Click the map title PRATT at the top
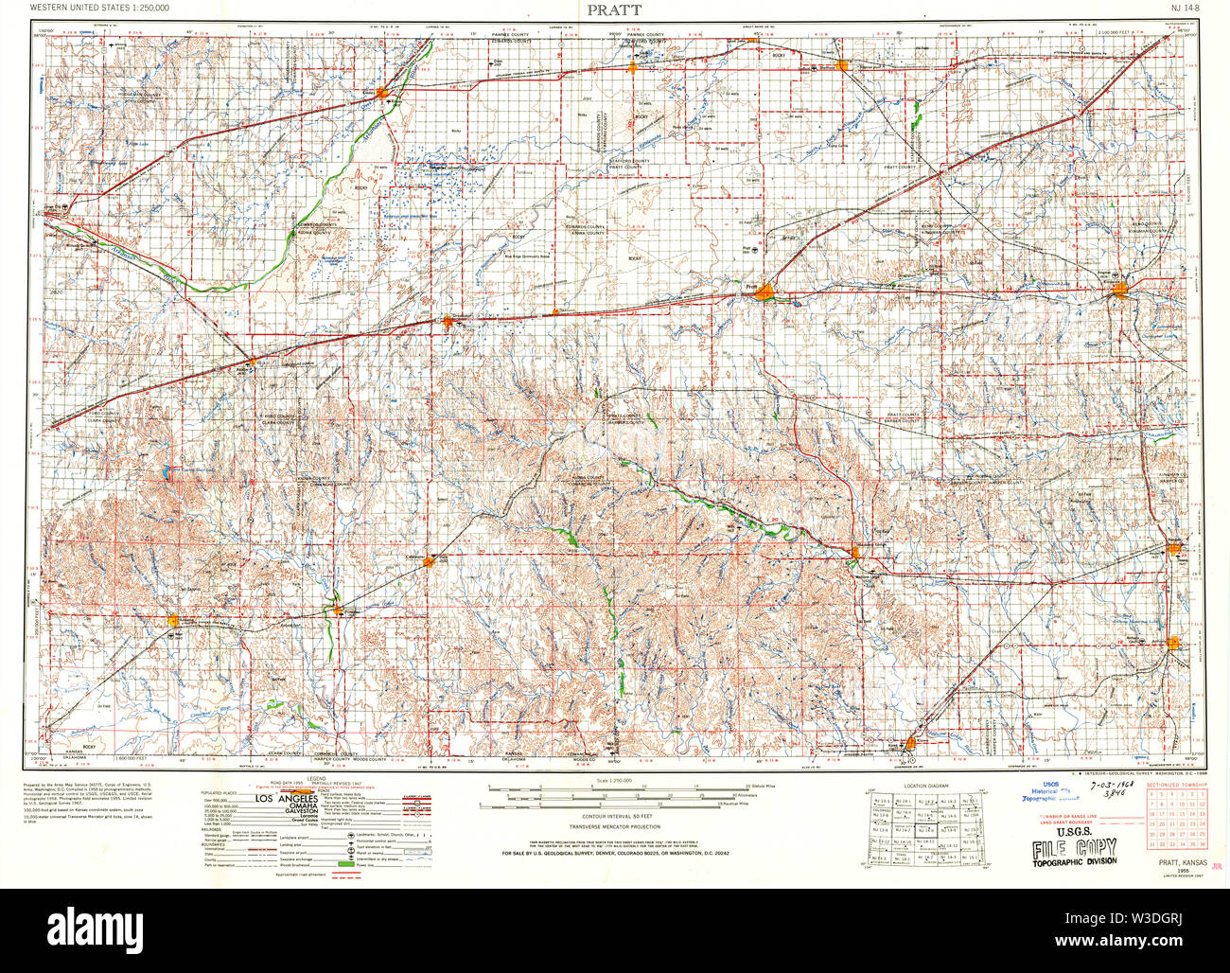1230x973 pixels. pyautogui.click(x=614, y=9)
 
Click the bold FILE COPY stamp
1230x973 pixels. pyautogui.click(x=1074, y=847)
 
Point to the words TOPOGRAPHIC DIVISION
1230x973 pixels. pyautogui.click(x=1074, y=860)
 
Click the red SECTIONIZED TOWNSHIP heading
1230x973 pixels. pyautogui.click(x=1176, y=786)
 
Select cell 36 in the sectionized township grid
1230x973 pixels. pyautogui.click(x=1202, y=844)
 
